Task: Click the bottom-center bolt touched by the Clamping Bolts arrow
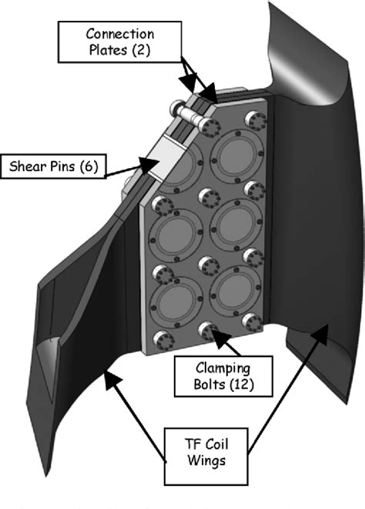[206, 329]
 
